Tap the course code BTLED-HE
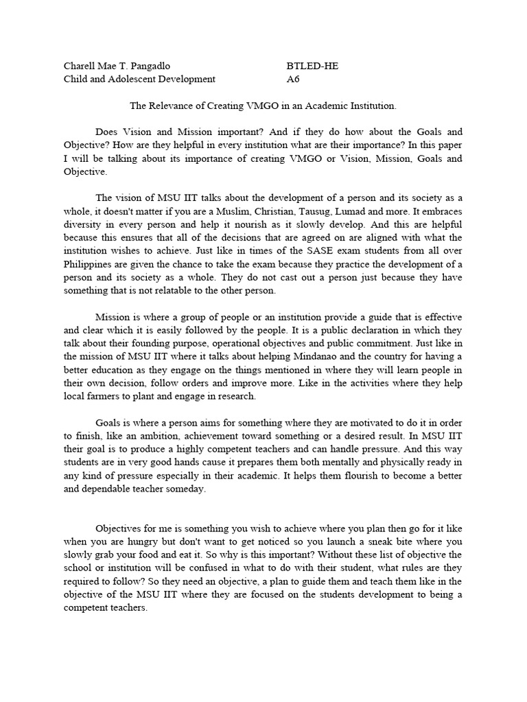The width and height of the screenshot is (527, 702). (312, 66)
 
